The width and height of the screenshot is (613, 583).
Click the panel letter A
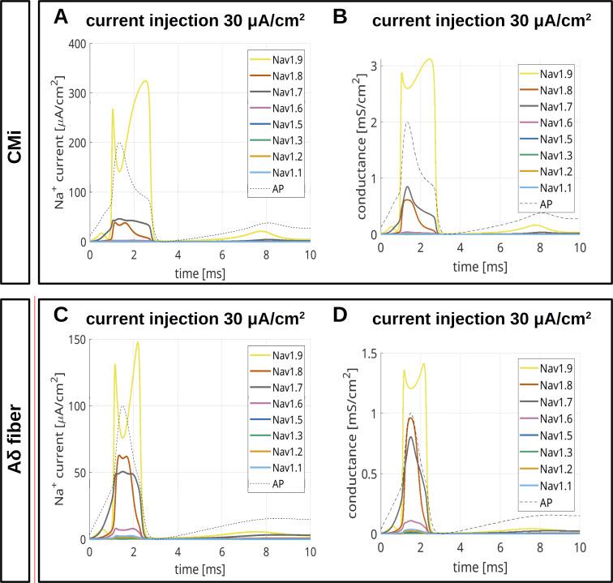(x=61, y=17)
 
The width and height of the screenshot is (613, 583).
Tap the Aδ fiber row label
(x=15, y=438)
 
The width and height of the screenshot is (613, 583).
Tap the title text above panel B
(x=487, y=18)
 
